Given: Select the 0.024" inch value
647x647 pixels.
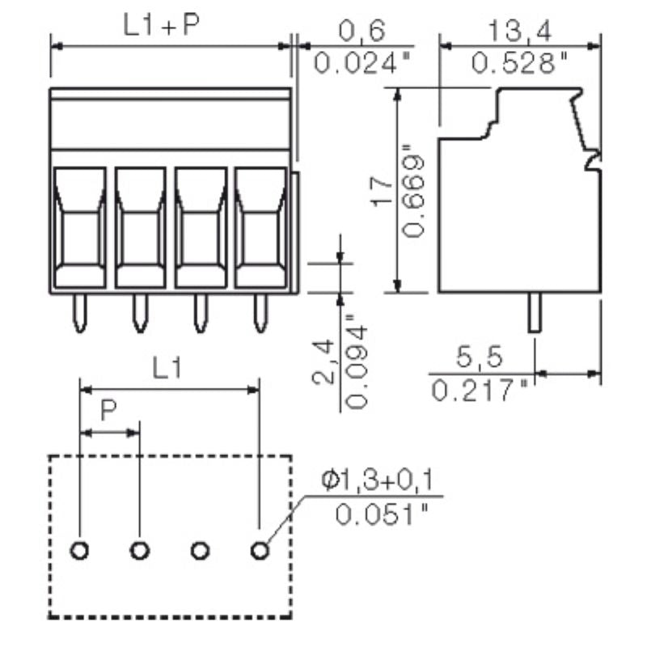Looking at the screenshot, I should pos(357,63).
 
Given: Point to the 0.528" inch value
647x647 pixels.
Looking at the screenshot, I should pos(520,63).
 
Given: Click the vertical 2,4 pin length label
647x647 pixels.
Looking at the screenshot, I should pos(323,362).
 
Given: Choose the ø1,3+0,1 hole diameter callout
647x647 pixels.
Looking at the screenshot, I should pos(377,482).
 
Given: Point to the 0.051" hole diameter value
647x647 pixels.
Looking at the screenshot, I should pos(380,514).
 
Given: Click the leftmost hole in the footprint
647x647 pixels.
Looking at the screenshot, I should pos(80,551).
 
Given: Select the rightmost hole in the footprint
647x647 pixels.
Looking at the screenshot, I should pos(259,551).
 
